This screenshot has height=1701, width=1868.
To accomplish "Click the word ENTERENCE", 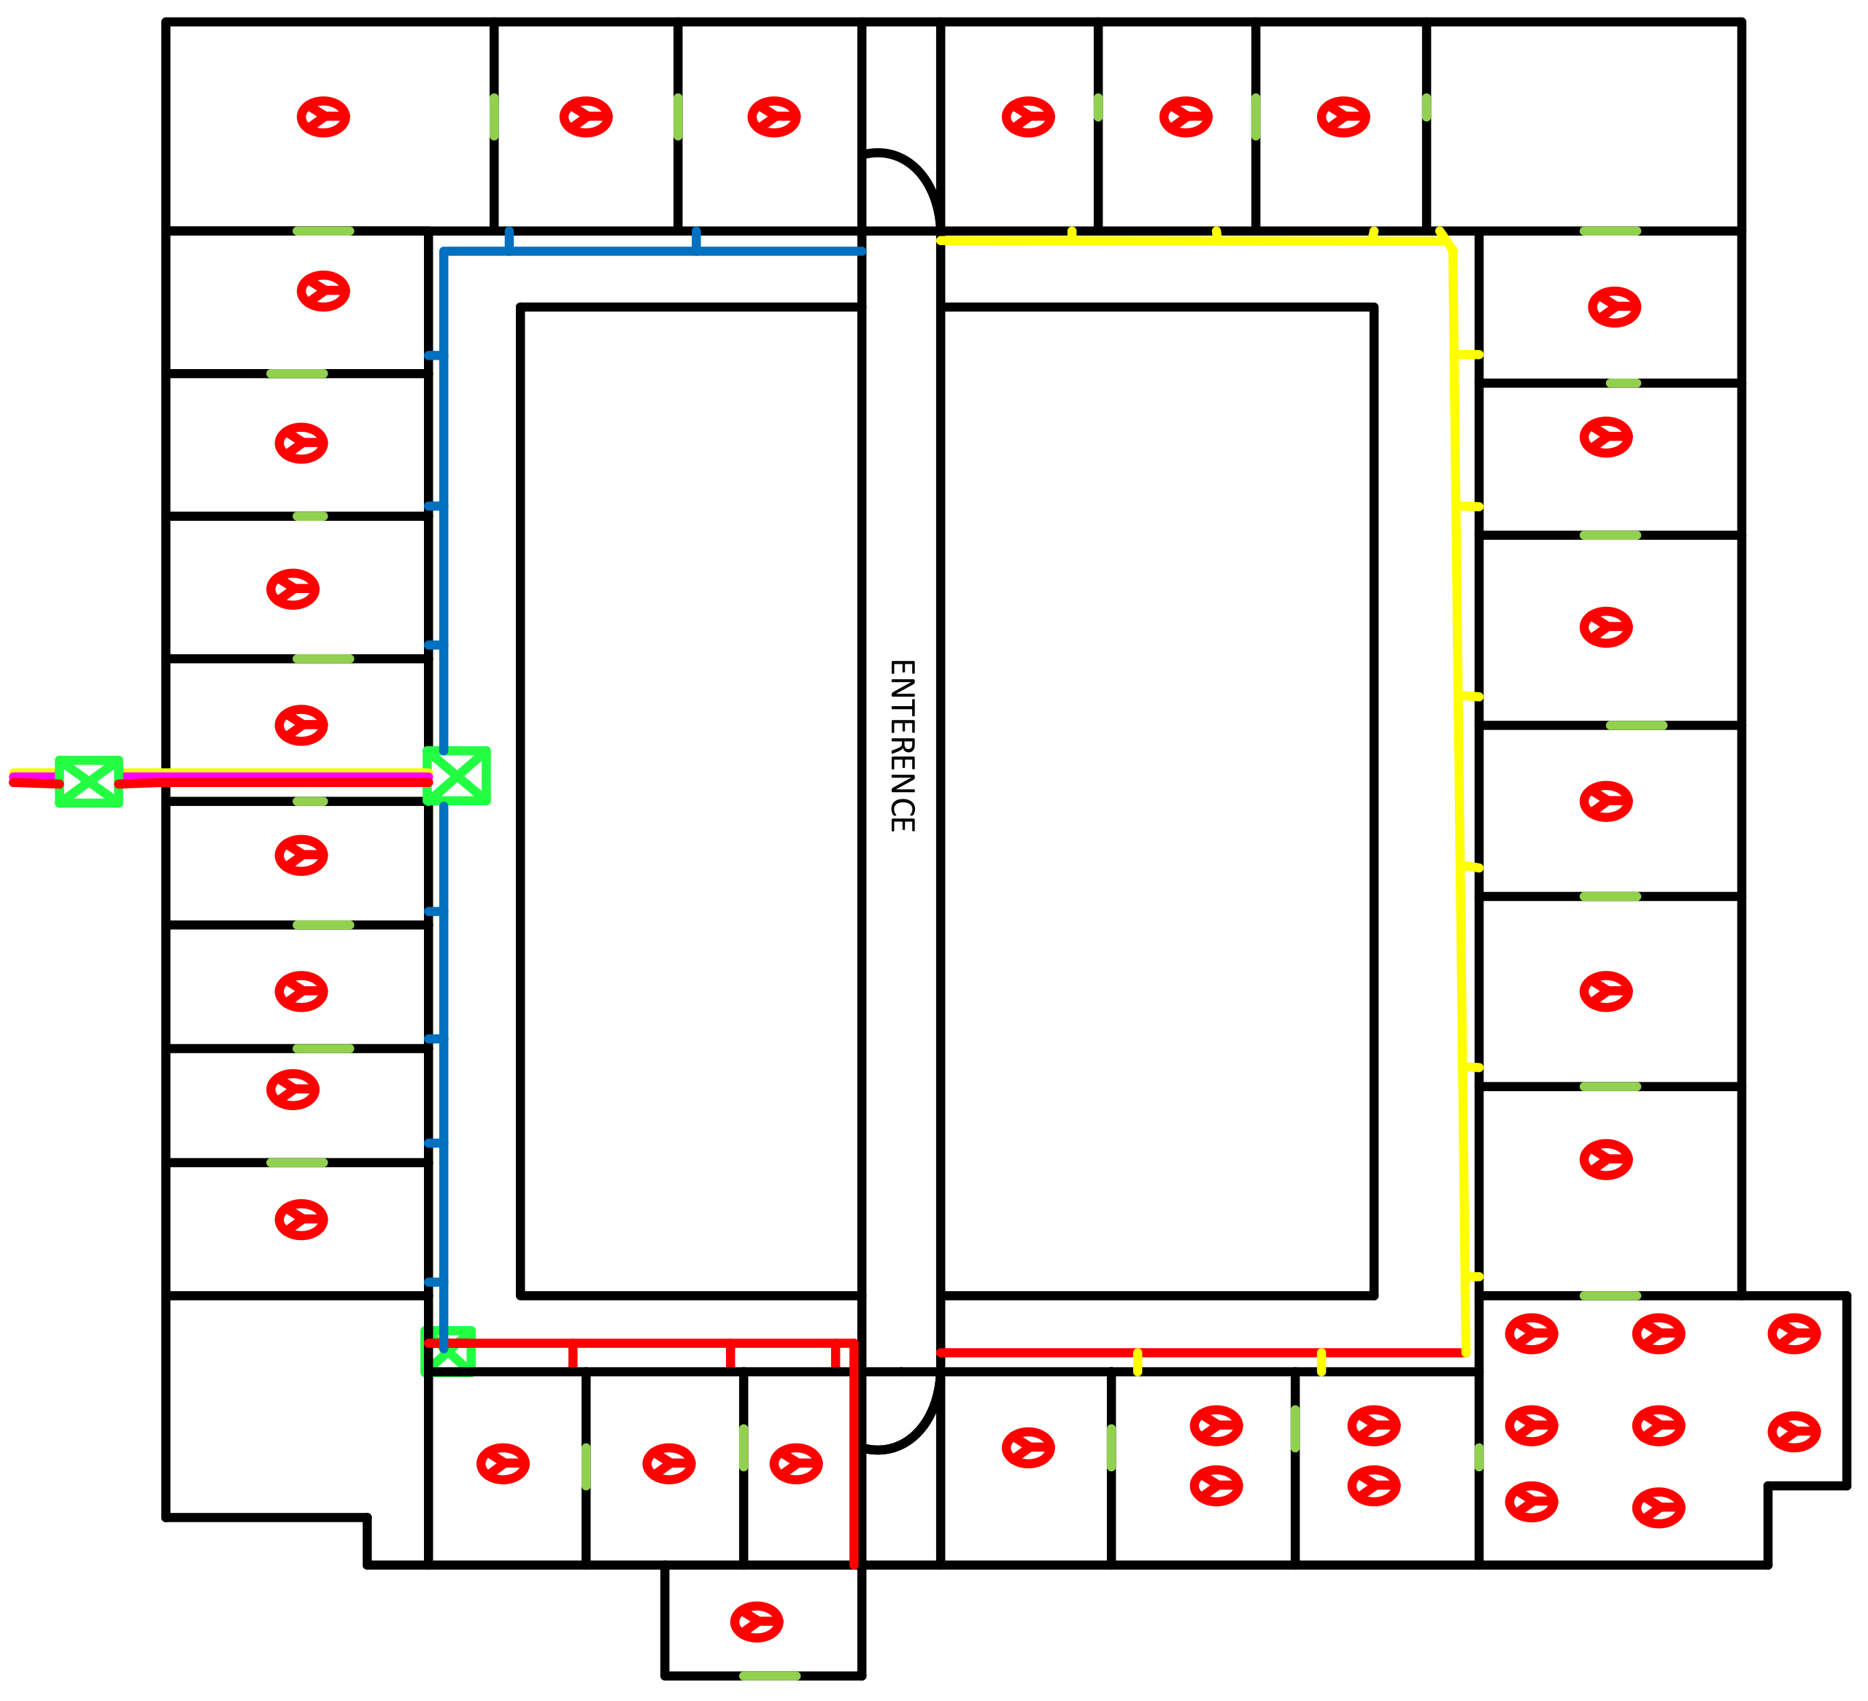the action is pos(902,745).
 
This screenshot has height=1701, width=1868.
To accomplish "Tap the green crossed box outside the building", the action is pos(89,781).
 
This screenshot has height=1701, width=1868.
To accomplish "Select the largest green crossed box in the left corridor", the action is pos(457,775).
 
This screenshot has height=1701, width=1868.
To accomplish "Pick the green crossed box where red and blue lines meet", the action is pos(449,1351).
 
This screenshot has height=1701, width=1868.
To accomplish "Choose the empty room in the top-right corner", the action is pos(1583,125).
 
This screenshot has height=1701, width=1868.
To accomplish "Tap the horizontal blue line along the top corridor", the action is pos(652,251).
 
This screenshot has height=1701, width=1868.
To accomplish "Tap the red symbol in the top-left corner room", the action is pos(323,117).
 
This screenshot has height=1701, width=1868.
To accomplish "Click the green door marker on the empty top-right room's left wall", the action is pos(1426,107).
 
